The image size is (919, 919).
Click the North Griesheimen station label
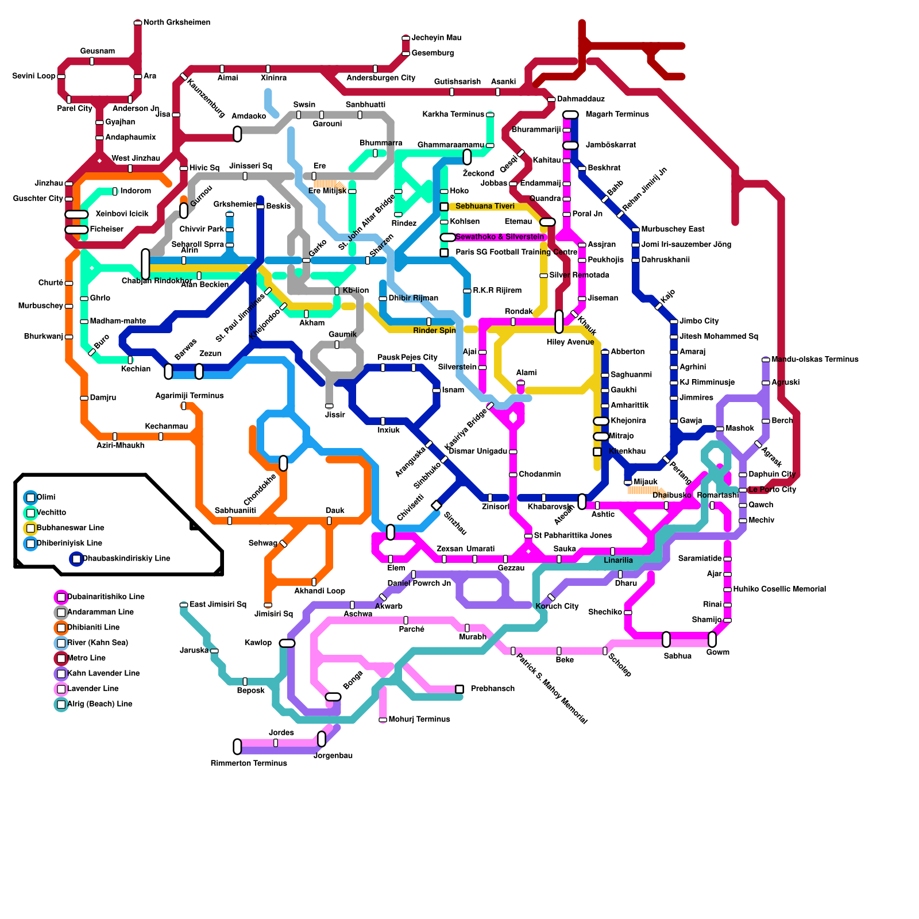click(x=176, y=22)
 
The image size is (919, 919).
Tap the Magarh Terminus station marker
click(x=570, y=115)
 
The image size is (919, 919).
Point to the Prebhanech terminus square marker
click(x=459, y=689)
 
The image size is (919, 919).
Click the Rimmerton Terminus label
click(x=249, y=763)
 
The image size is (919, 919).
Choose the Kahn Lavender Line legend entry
click(x=103, y=673)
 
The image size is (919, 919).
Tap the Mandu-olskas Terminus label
click(x=814, y=360)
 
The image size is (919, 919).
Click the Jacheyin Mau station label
click(x=437, y=38)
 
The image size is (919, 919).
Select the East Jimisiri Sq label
click(x=218, y=604)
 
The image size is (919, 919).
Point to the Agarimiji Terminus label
click(x=190, y=396)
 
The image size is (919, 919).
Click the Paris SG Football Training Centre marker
click(x=444, y=253)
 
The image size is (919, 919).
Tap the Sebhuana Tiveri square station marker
click(x=444, y=207)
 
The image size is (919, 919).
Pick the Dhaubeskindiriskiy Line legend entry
click(x=126, y=558)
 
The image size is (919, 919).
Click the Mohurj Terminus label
click(x=419, y=719)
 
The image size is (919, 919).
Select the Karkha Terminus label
click(x=453, y=114)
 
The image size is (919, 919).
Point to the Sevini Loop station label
click(x=34, y=76)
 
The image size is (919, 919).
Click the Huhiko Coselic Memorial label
click(x=779, y=589)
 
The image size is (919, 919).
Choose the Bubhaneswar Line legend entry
click(x=70, y=528)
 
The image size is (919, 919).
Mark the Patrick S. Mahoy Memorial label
click(x=551, y=689)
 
